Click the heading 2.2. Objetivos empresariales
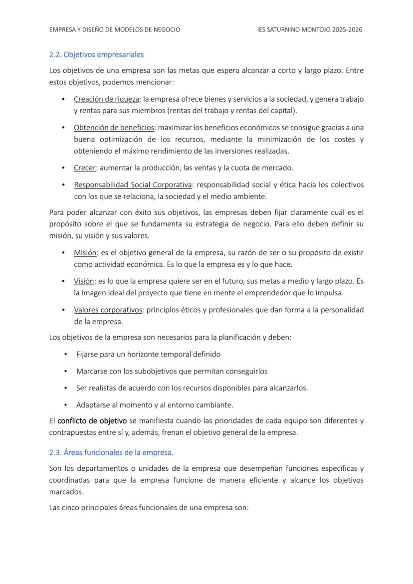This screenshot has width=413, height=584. point(96,54)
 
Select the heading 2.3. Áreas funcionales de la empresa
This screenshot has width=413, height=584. point(111,452)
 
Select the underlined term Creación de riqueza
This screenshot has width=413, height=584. point(106,99)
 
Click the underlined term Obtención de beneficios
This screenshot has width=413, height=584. point(114,127)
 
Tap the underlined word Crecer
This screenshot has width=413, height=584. point(85,168)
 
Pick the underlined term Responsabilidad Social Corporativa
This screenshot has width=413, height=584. point(133,185)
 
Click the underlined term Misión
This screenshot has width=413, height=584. point(85,252)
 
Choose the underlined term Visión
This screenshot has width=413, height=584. point(84,281)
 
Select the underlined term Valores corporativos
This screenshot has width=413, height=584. point(108,310)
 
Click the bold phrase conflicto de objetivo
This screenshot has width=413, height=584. point(92,420)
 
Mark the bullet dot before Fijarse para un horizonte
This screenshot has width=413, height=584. point(66,354)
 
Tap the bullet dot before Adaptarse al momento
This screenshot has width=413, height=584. point(66,404)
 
